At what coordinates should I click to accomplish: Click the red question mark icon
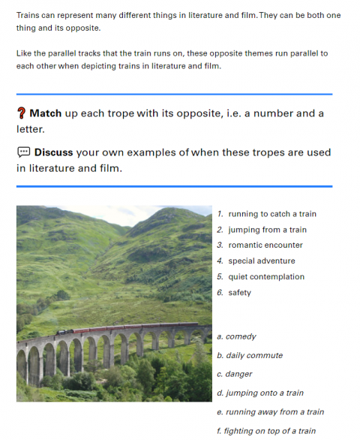[x=21, y=113]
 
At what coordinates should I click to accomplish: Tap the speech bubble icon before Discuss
[x=23, y=152]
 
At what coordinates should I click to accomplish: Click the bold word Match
[x=46, y=113]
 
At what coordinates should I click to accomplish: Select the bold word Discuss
[x=53, y=152]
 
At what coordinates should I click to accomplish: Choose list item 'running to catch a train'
[x=272, y=214]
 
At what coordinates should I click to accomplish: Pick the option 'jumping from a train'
[x=268, y=230]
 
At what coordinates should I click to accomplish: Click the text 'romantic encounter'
[x=265, y=245]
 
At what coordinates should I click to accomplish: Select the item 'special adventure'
[x=262, y=261]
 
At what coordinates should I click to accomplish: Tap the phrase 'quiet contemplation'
[x=266, y=276]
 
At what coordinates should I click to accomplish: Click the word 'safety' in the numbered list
[x=240, y=293]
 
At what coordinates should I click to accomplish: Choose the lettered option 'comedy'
[x=241, y=336]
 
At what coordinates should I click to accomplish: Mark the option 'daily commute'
[x=254, y=355]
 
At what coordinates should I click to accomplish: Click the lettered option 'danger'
[x=239, y=374]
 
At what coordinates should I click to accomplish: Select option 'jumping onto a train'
[x=265, y=393]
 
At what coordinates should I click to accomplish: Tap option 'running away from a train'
[x=274, y=412]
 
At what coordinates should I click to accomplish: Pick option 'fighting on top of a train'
[x=270, y=431]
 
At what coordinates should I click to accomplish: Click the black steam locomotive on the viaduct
[x=65, y=332]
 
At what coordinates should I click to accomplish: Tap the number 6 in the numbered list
[x=220, y=292]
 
